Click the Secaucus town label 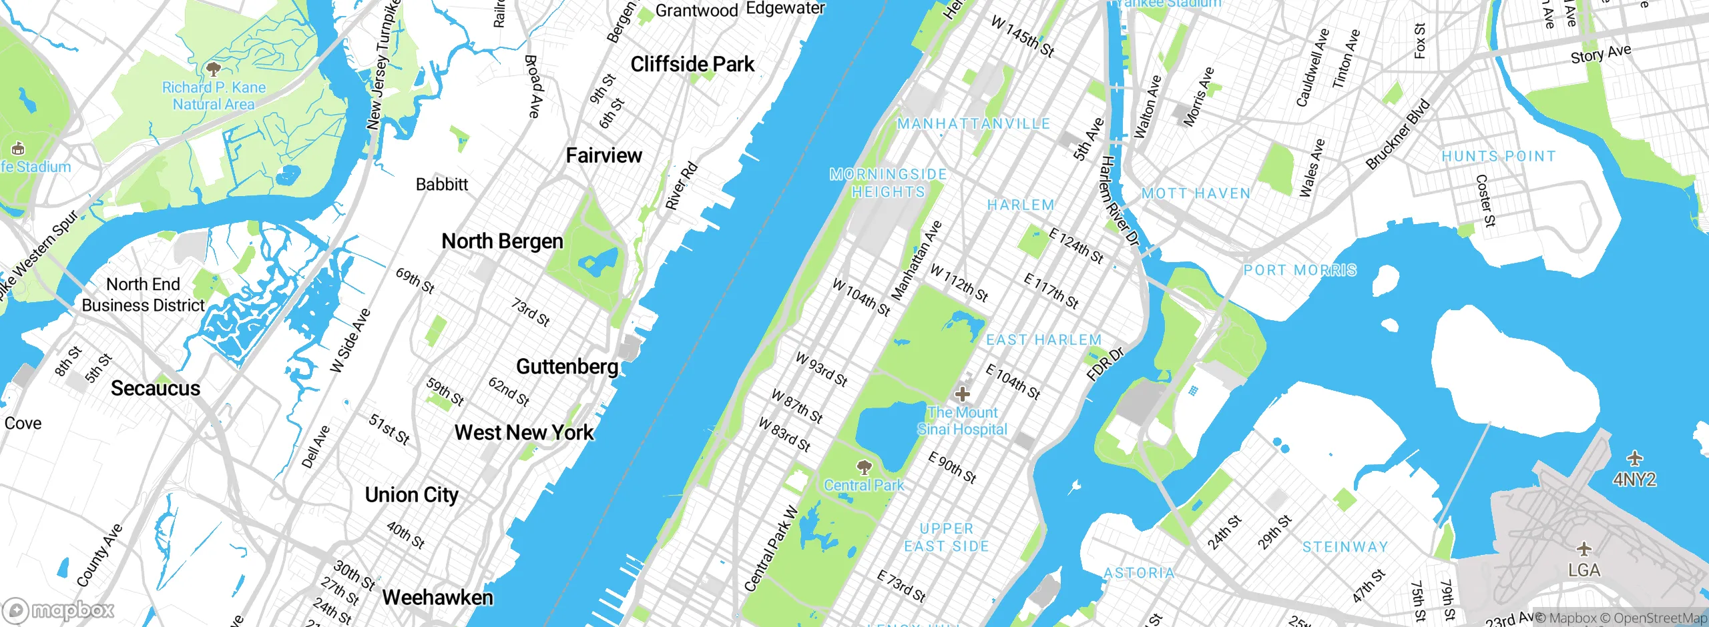(x=156, y=389)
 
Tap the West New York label (x=524, y=433)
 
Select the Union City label (x=411, y=495)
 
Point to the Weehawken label (x=438, y=598)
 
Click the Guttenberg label (x=567, y=367)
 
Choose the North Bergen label (x=503, y=241)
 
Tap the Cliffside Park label (x=692, y=65)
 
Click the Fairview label (x=603, y=156)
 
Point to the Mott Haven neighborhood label (x=1196, y=194)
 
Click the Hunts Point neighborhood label (x=1499, y=157)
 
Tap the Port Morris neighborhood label (x=1300, y=271)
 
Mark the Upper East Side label (x=947, y=538)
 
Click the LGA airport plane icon (x=1584, y=550)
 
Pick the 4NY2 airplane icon (x=1634, y=459)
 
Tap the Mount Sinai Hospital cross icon (x=962, y=394)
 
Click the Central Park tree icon (x=865, y=466)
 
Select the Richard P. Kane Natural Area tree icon (x=214, y=69)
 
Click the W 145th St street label (x=1022, y=36)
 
